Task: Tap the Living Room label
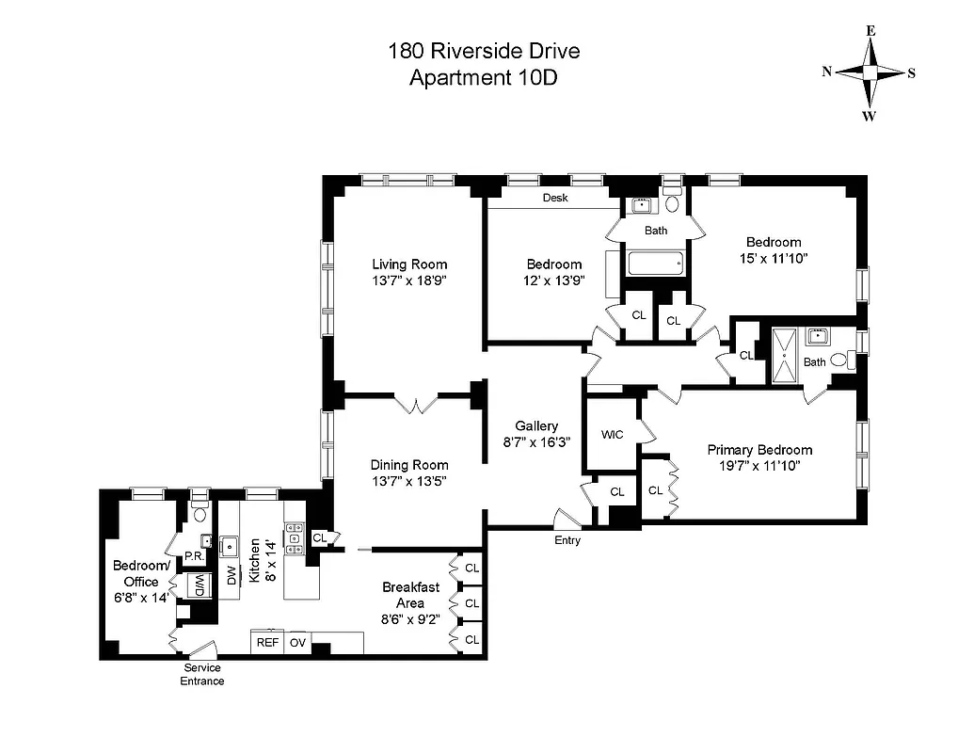click(409, 264)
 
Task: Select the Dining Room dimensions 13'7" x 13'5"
click(409, 481)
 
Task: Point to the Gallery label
click(536, 426)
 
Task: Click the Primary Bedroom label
click(759, 450)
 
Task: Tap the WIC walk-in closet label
click(612, 435)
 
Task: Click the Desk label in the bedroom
click(555, 199)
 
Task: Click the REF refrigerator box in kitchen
click(266, 643)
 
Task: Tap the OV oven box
click(298, 643)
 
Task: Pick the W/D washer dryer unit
click(200, 585)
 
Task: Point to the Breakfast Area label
click(410, 595)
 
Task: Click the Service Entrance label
click(202, 675)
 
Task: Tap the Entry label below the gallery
click(567, 540)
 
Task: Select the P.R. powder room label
click(195, 556)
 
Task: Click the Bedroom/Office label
click(141, 574)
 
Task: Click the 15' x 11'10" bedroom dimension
click(774, 257)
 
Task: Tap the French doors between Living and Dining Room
click(415, 404)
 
